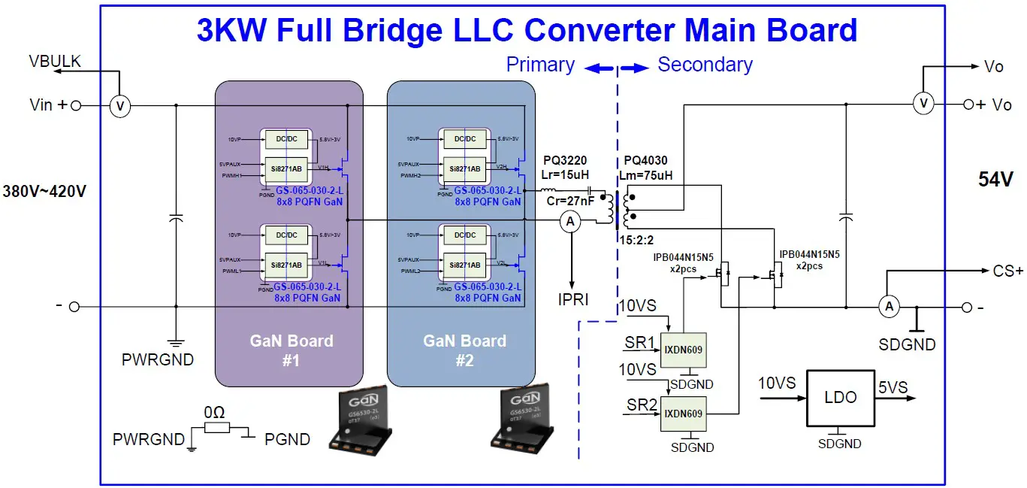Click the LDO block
pos(840,397)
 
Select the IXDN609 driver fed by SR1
pos(683,350)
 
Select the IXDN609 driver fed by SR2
pos(683,414)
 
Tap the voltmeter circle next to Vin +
pos(119,107)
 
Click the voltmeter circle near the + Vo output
pos(923,104)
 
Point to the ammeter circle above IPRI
pos(570,221)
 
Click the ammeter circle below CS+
pos(889,306)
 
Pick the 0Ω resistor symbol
pos(216,429)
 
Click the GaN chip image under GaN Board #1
pos(360,422)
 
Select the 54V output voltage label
pos(995,179)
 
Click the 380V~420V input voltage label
pos(44,191)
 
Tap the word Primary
pos(540,65)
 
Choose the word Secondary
pos(705,65)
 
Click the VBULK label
pos(54,61)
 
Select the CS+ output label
pos(1007,271)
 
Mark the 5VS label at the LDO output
pos(893,388)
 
